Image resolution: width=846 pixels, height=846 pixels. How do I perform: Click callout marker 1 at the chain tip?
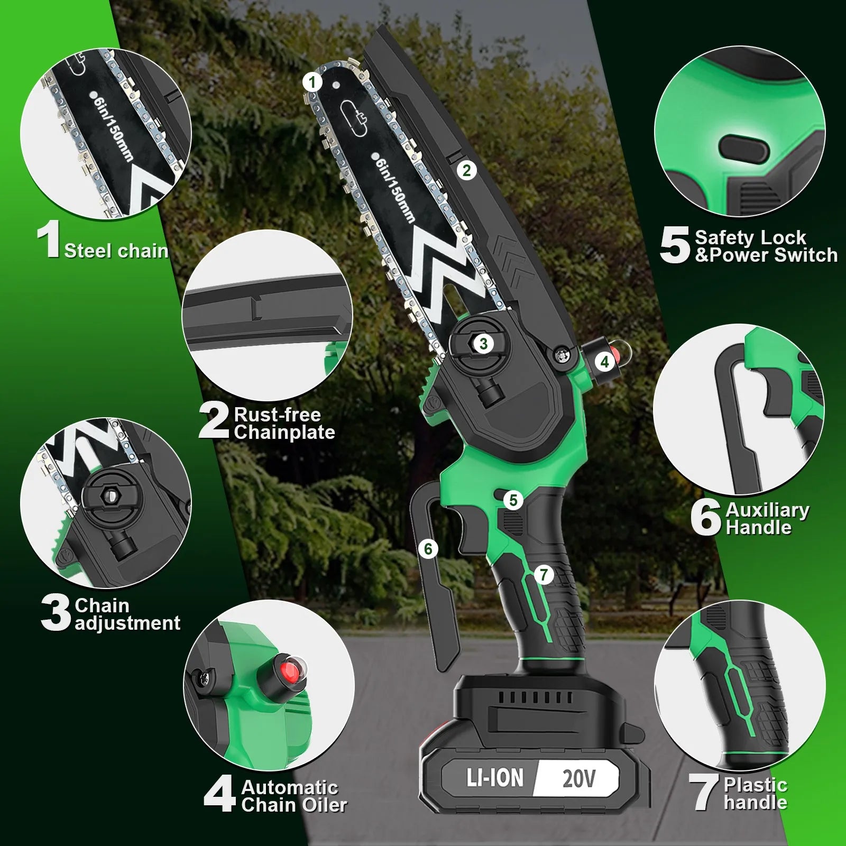pos(312,82)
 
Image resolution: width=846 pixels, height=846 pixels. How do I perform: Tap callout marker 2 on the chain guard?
pos(466,170)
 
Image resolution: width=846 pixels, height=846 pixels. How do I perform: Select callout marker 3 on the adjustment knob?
pos(483,344)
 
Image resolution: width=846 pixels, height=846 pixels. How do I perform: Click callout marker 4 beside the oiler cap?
pos(605,362)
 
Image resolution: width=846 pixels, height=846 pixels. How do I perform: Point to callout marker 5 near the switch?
pos(513,500)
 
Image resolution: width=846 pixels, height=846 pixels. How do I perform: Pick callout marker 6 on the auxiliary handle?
pos(428,549)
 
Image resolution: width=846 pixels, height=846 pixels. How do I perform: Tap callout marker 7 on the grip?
pos(544,574)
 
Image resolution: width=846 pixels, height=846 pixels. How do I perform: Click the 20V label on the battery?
pos(578,778)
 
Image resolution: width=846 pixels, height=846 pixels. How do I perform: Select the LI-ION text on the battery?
pos(494,778)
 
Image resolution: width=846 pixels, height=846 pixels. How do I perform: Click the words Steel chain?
pos(116,251)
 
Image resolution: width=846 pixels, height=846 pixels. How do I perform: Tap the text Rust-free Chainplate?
pos(284,424)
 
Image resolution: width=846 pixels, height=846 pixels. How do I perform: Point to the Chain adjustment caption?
pos(127,614)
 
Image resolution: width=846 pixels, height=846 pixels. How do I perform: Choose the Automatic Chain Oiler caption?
pos(293,796)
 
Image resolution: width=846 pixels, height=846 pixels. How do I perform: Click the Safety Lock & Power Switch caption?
pos(766,246)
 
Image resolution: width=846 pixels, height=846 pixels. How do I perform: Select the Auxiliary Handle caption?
pos(767,519)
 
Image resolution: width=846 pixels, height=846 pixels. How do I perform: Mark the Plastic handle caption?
pos(755,794)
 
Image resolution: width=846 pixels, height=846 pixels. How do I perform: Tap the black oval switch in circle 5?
pos(743,149)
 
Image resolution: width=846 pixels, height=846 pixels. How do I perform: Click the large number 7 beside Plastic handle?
pos(703,792)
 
